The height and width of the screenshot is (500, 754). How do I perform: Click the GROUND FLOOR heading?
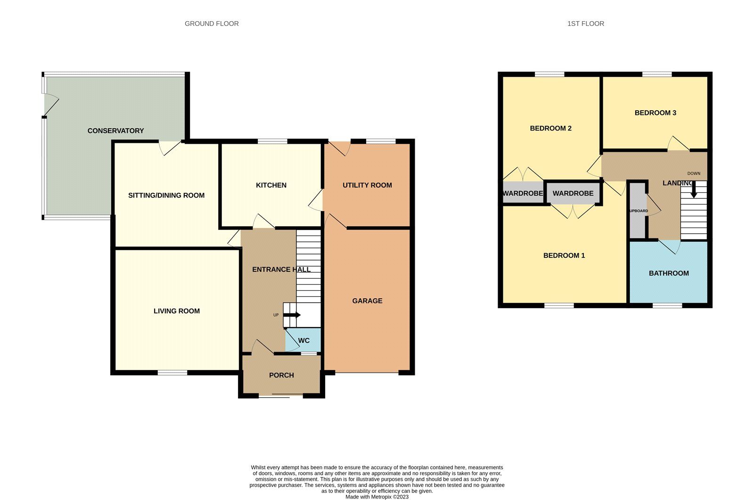tap(212, 24)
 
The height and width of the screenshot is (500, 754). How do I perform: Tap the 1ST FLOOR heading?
tap(585, 24)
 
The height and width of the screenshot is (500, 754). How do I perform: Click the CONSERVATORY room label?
tap(115, 131)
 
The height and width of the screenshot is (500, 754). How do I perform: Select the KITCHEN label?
tap(271, 185)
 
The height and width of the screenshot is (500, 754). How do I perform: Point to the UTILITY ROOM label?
tap(367, 185)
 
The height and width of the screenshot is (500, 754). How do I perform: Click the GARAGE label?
tap(367, 301)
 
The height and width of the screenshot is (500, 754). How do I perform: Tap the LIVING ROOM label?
tap(177, 311)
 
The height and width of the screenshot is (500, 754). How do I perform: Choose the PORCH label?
tap(281, 375)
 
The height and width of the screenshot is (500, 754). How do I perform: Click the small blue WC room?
tap(303, 340)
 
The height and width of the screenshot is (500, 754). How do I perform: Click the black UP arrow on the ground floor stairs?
tap(293, 315)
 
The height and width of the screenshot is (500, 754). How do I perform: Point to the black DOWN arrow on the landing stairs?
tap(694, 190)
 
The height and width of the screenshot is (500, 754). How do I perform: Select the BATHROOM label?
tap(669, 273)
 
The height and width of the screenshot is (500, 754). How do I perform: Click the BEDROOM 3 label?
tap(655, 113)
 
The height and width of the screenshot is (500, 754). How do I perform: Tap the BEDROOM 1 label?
tap(564, 255)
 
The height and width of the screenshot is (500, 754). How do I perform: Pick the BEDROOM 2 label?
tap(550, 128)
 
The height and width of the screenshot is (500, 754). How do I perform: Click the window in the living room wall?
tap(172, 373)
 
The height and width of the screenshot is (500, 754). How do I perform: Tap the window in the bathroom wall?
tap(667, 306)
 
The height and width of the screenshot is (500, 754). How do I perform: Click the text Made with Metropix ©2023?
tap(377, 497)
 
